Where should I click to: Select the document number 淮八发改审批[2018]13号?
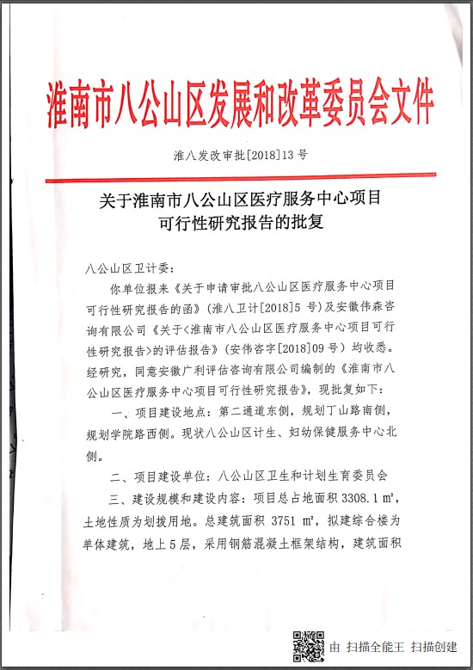point(240,157)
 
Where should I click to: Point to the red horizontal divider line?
point(240,177)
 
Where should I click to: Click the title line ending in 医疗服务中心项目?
point(240,201)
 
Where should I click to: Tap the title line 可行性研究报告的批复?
point(240,222)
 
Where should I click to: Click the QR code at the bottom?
point(307,645)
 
